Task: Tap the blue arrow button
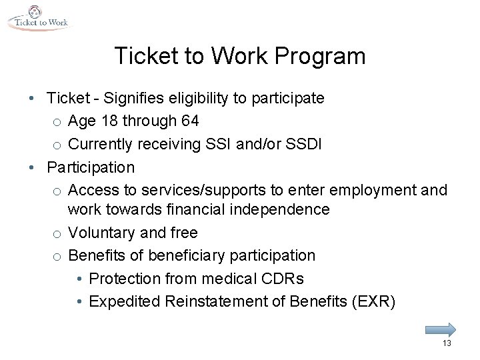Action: point(439,329)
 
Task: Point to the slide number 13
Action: point(447,343)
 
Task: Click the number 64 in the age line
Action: point(189,121)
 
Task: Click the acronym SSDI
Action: point(306,143)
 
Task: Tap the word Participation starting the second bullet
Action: point(91,166)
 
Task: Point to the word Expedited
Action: point(120,301)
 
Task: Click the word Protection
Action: point(123,278)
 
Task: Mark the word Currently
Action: point(102,143)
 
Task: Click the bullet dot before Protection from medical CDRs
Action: point(79,279)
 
